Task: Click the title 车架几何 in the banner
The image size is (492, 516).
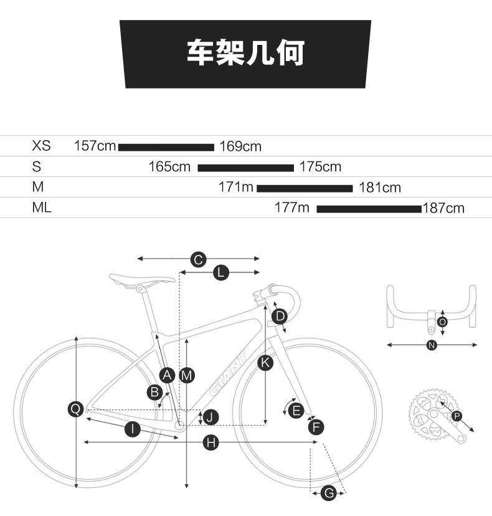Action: pyautogui.click(x=245, y=52)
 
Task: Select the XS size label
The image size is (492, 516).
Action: pyautogui.click(x=42, y=145)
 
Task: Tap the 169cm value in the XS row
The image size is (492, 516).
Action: pyautogui.click(x=240, y=146)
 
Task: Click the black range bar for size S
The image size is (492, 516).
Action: pyautogui.click(x=245, y=168)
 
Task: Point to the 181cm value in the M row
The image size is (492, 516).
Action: pyautogui.click(x=380, y=188)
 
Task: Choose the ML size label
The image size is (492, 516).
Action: pyautogui.click(x=42, y=208)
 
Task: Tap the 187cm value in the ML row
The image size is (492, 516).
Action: pyautogui.click(x=443, y=208)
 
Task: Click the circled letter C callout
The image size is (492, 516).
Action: pyautogui.click(x=198, y=260)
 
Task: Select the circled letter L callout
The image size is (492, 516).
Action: pyautogui.click(x=221, y=273)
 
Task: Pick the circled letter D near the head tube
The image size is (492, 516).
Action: pyautogui.click(x=280, y=316)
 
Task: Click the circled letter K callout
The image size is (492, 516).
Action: pyautogui.click(x=265, y=363)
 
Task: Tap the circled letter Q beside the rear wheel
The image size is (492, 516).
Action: pyautogui.click(x=75, y=409)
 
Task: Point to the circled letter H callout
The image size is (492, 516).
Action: pyautogui.click(x=211, y=442)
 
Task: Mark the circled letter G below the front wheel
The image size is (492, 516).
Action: pyautogui.click(x=329, y=493)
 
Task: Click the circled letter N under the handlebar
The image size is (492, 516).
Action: pyautogui.click(x=432, y=345)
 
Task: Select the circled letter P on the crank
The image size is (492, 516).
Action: pyautogui.click(x=457, y=416)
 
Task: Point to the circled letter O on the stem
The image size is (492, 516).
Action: pyautogui.click(x=442, y=322)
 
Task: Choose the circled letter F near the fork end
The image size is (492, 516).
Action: pyautogui.click(x=316, y=427)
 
